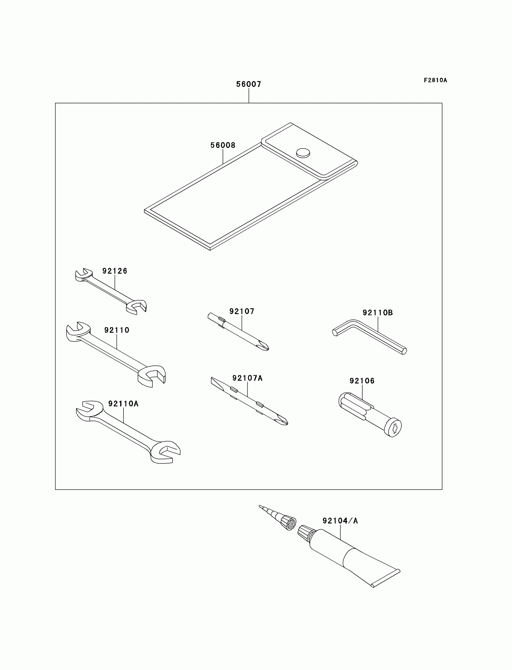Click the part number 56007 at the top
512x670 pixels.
pos(249,84)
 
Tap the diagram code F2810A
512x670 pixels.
pos(435,80)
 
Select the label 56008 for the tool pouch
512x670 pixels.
pos(223,145)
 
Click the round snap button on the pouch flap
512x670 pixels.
pos(303,153)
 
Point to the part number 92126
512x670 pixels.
pos(114,271)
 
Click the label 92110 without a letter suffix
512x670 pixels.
pos(117,330)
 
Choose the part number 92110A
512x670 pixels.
pos(123,404)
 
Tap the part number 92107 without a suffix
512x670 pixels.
pos(242,311)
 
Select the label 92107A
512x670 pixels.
pos(247,378)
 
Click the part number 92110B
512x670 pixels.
pos(378,313)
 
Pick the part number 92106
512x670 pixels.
pos(362,381)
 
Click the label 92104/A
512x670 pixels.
pos(340,521)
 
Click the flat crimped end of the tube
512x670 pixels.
pos(386,578)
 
